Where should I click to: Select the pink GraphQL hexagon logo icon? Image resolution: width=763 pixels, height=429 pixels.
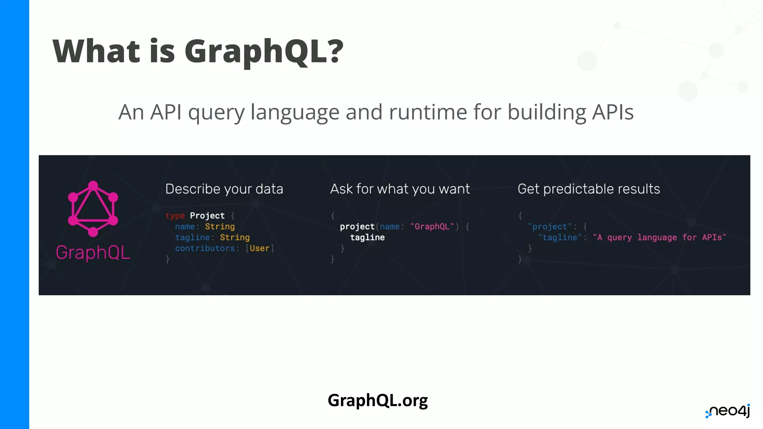(93, 209)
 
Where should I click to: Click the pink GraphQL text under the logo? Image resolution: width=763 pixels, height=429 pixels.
(93, 252)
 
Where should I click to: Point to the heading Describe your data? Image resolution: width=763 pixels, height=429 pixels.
(224, 189)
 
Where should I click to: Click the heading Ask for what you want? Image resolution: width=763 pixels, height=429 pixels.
(400, 189)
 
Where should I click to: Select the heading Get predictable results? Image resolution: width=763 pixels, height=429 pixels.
(589, 189)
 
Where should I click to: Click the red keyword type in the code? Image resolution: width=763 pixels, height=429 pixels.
(175, 216)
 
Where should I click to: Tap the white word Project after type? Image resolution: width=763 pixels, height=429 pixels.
(207, 216)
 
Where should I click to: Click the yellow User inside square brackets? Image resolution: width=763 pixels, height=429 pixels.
(259, 248)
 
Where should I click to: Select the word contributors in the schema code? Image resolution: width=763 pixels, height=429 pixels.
(205, 248)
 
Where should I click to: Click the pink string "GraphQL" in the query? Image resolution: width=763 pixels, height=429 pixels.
(432, 226)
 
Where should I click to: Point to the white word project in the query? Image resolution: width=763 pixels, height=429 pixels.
(357, 226)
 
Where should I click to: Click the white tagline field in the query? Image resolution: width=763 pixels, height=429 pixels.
(367, 238)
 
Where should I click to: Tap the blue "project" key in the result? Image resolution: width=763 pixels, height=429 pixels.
(550, 226)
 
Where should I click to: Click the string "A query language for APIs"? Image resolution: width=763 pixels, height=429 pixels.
(659, 238)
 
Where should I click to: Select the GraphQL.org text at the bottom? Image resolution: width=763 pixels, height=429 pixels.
(377, 401)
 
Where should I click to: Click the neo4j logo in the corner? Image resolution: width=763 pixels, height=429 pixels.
(728, 411)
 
